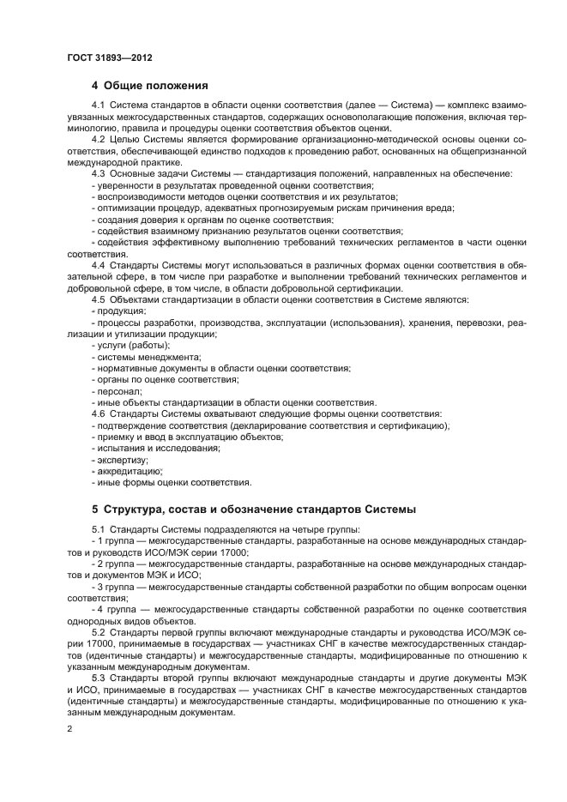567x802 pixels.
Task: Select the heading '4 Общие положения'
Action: coord(149,85)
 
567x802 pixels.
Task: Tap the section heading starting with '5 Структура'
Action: coord(253,509)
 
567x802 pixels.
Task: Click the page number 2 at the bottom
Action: coord(69,728)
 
